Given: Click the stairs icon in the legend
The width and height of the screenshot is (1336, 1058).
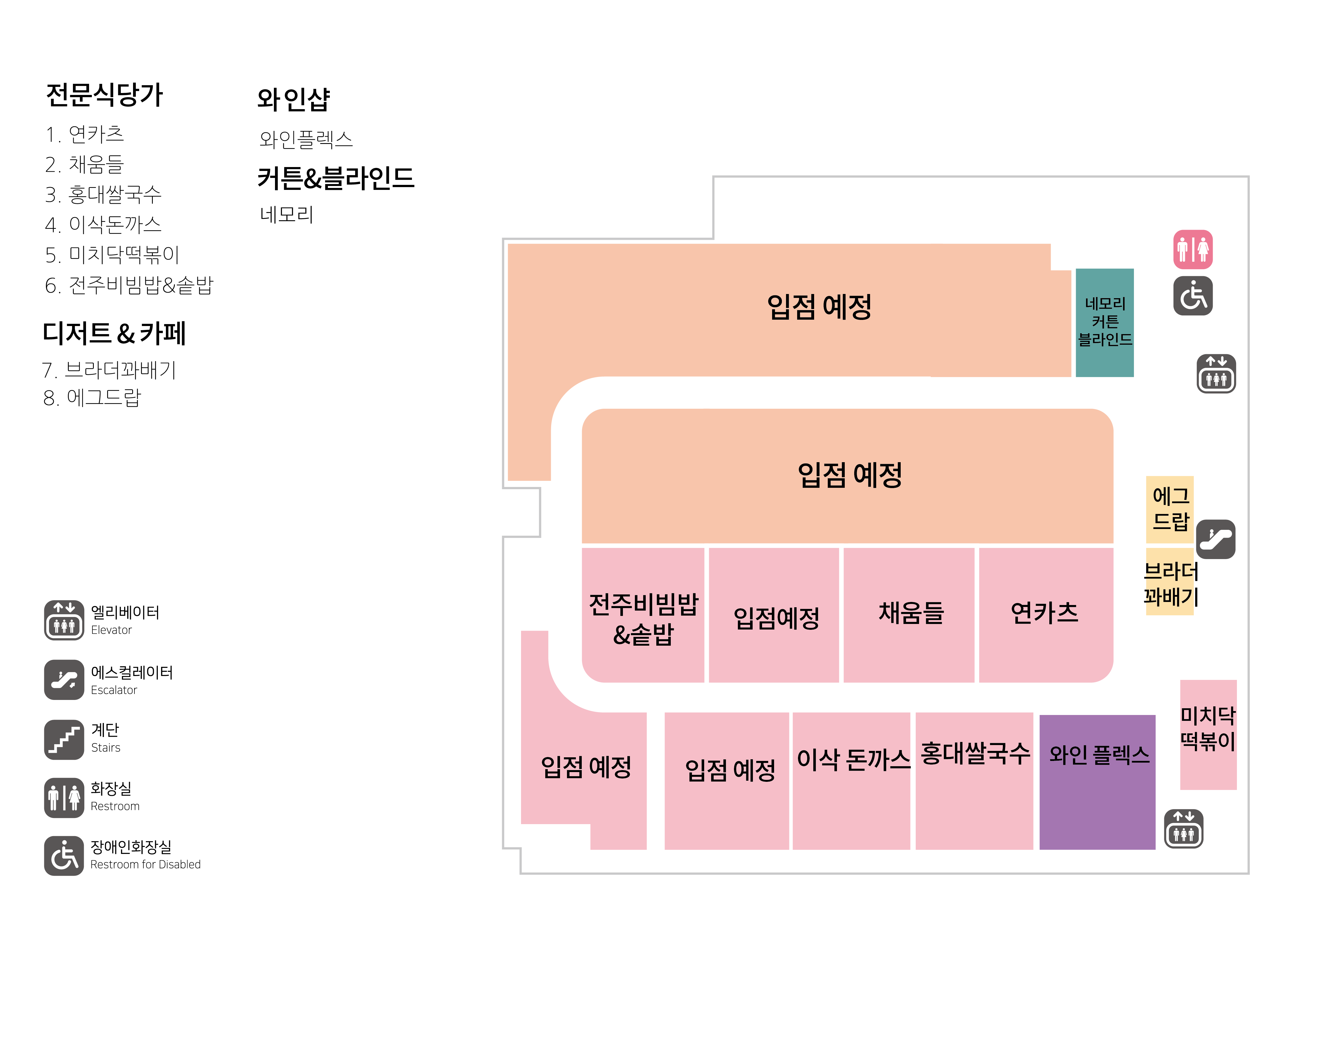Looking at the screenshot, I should click(x=64, y=739).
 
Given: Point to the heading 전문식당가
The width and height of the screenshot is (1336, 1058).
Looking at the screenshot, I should click(x=104, y=95).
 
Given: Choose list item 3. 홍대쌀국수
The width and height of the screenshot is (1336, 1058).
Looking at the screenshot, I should click(x=103, y=195).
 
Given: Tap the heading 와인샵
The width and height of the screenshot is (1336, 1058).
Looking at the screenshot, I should click(x=293, y=99).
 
